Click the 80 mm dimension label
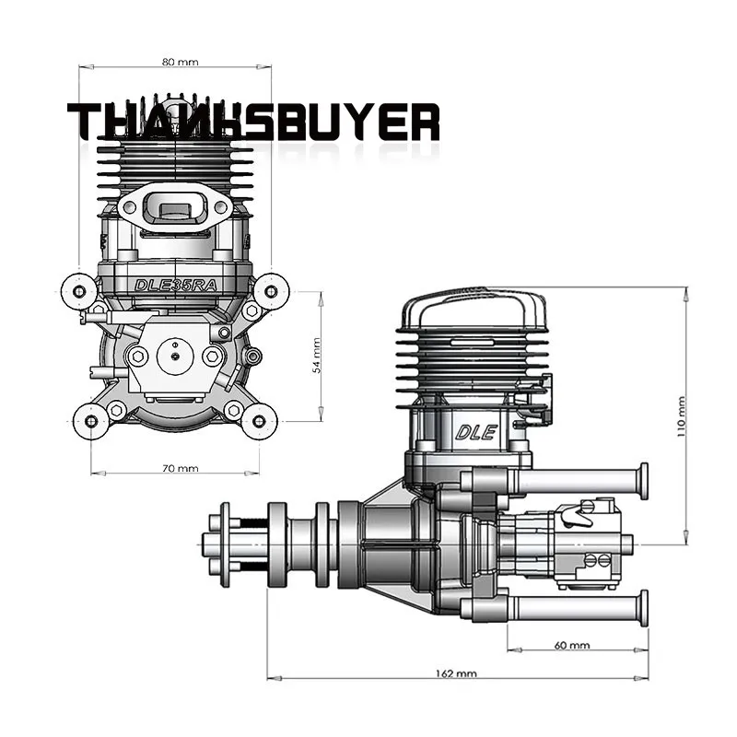click(x=180, y=62)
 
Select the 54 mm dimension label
click(x=317, y=354)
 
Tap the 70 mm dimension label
click(x=180, y=468)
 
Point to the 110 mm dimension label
click(x=681, y=416)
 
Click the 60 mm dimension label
click(x=573, y=645)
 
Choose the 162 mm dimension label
click(x=455, y=674)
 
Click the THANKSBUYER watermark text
click(x=253, y=123)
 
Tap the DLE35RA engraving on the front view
click(x=175, y=285)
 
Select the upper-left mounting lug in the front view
click(x=78, y=291)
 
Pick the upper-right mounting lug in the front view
click(x=271, y=291)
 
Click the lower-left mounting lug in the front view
click(x=90, y=421)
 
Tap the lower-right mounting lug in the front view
click(x=259, y=421)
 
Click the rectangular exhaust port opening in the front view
click(x=174, y=208)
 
